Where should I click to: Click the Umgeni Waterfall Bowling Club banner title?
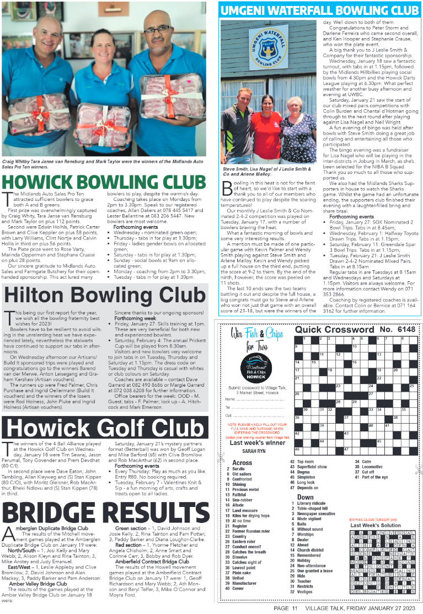pyautogui.click(x=319, y=10)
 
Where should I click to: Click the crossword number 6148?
pyautogui.click(x=397, y=329)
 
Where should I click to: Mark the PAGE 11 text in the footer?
pyautogui.click(x=286, y=608)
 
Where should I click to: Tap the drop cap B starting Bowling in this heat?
pyautogui.click(x=226, y=188)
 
